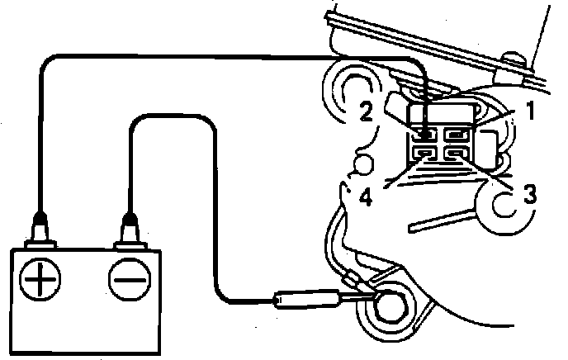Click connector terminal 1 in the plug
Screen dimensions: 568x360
tap(456, 133)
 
